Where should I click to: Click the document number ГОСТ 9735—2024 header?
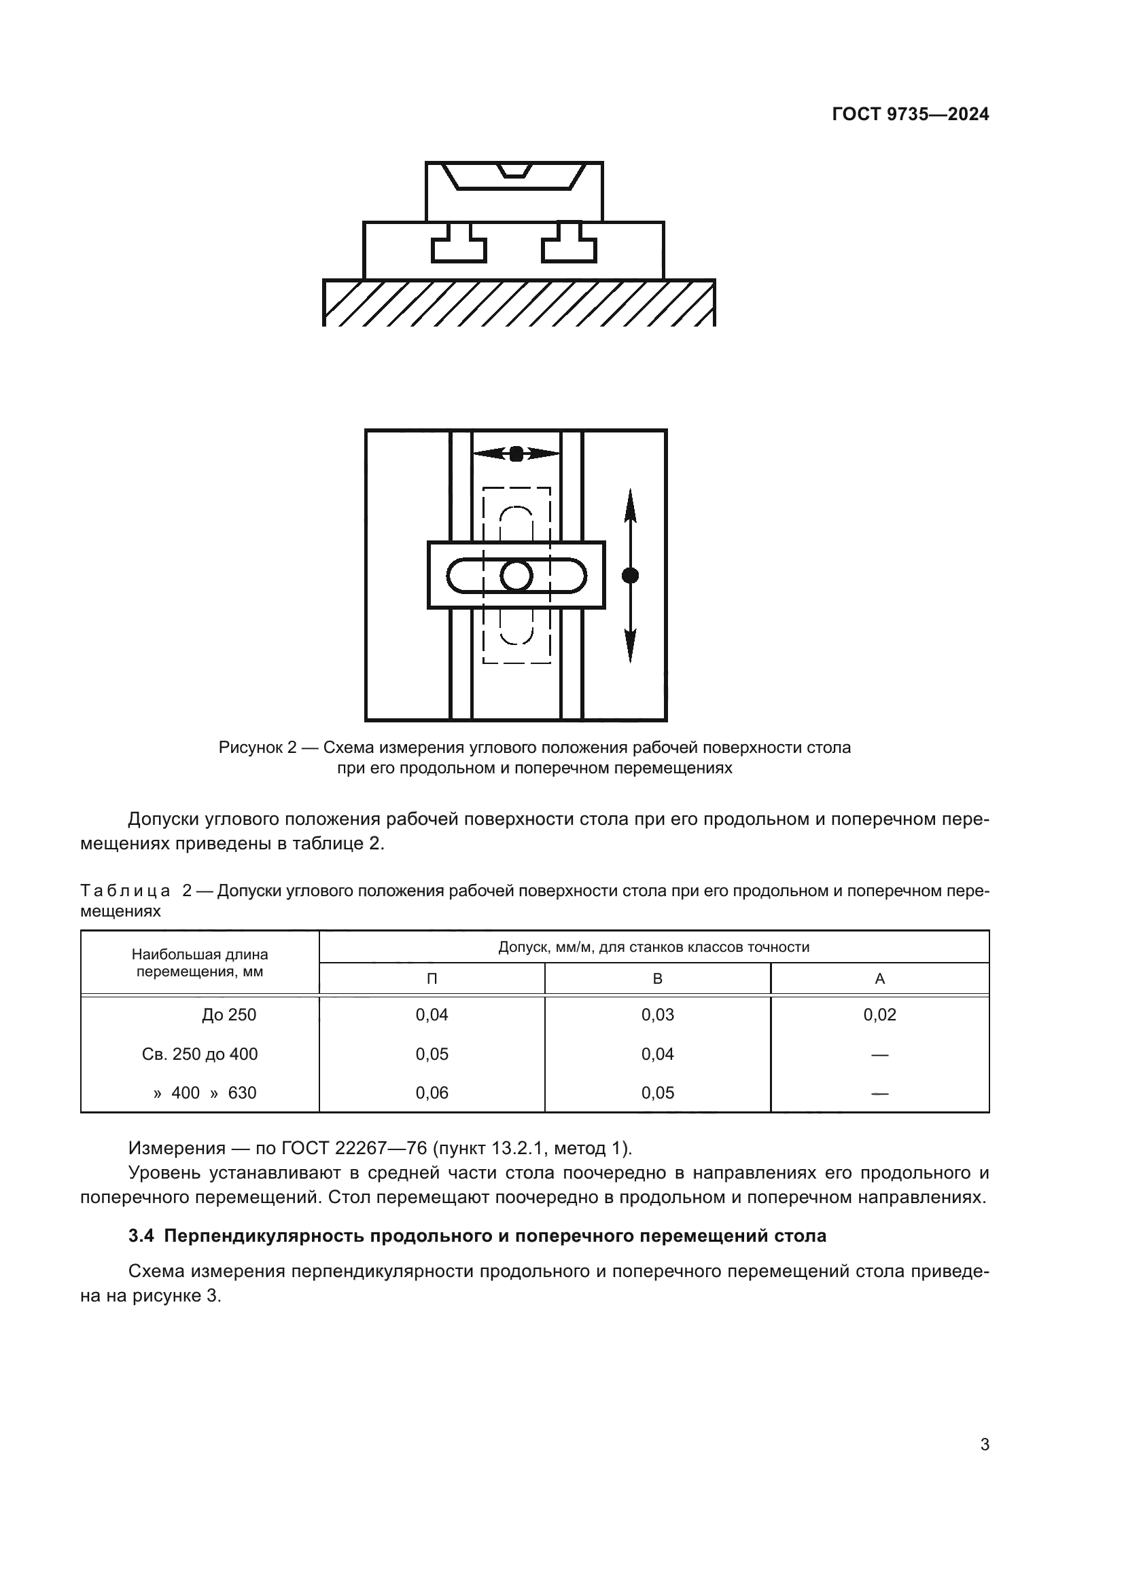click(910, 115)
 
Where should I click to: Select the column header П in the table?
click(432, 979)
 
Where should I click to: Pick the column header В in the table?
click(658, 979)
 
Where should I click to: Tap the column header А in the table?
click(879, 979)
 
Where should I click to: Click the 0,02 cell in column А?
click(879, 1014)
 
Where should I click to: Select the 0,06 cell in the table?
click(432, 1093)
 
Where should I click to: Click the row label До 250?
click(229, 1014)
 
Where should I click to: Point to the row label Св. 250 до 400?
click(199, 1054)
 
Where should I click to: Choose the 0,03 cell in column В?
click(658, 1014)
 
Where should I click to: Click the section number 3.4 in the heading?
click(141, 1236)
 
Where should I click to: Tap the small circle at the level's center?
click(516, 576)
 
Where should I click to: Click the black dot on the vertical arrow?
click(630, 576)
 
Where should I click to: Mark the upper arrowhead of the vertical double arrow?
click(630, 505)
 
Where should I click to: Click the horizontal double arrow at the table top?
click(516, 454)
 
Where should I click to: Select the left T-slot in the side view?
click(459, 246)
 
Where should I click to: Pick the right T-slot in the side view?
click(569, 246)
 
